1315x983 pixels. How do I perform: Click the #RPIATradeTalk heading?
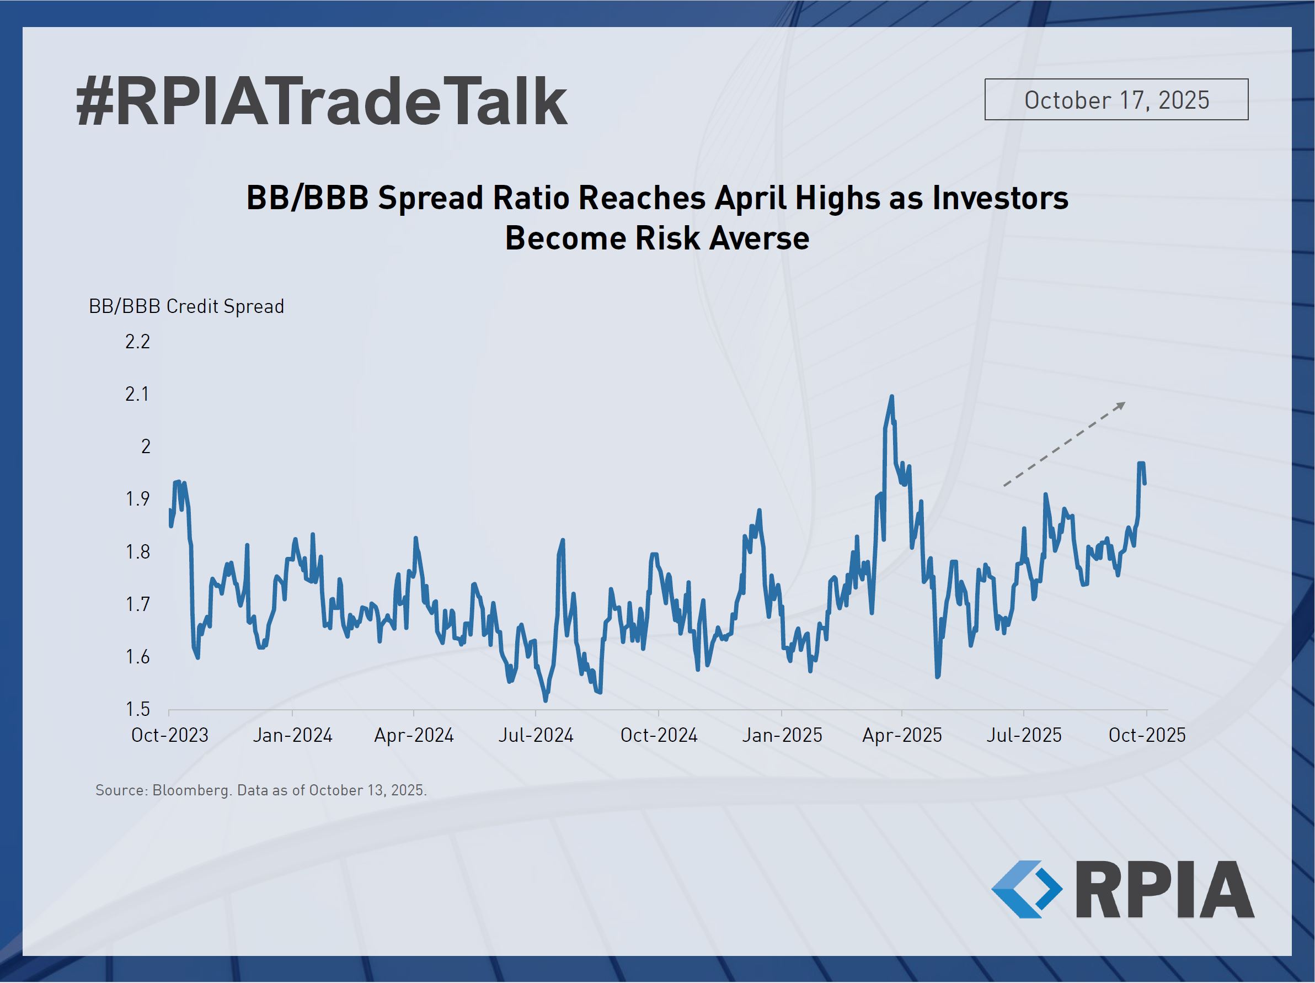pos(321,102)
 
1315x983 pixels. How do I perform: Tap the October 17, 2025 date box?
pos(1116,100)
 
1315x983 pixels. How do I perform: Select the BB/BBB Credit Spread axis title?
pos(186,306)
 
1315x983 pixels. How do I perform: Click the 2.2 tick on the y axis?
pos(137,341)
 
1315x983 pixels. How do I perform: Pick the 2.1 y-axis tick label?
pos(137,394)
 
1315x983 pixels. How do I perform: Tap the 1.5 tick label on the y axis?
pos(137,709)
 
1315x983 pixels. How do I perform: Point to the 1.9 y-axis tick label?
pos(137,499)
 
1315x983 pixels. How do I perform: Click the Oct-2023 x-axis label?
pos(169,735)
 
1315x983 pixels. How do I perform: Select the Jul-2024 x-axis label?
pos(536,735)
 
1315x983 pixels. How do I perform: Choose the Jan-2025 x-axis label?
pos(781,735)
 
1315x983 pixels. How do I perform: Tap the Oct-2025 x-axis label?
pos(1147,735)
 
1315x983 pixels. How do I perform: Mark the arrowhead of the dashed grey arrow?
pos(1121,405)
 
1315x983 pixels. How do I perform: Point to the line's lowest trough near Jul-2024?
pos(546,700)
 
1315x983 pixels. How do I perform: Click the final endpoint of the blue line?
pos(1145,483)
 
